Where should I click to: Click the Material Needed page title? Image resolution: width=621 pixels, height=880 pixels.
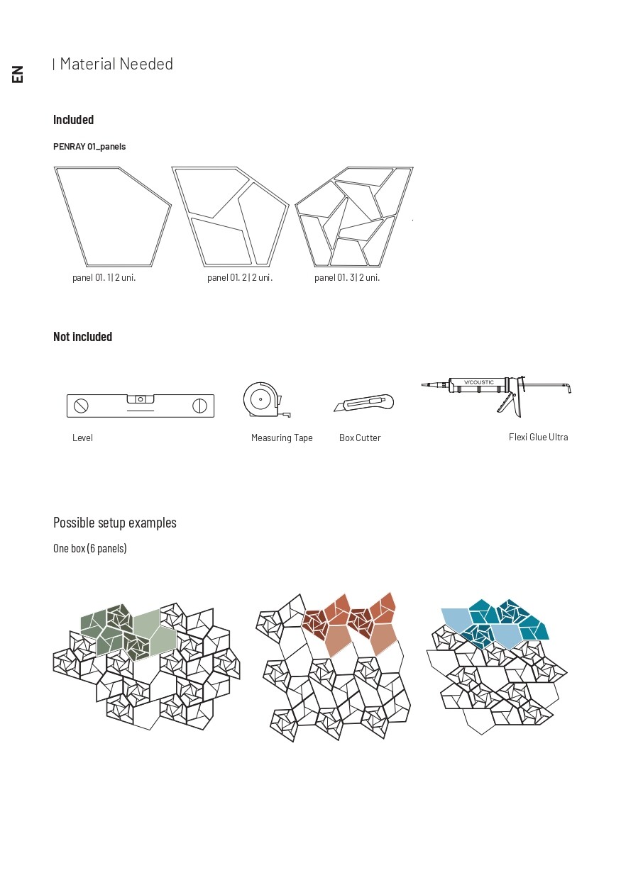[x=116, y=64]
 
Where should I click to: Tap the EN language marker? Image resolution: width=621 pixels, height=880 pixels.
[x=17, y=74]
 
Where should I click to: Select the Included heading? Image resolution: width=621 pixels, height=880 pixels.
[x=74, y=119]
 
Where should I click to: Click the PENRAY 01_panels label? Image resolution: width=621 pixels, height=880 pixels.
[x=89, y=147]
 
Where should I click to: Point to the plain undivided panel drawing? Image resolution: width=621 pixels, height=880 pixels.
[x=112, y=216]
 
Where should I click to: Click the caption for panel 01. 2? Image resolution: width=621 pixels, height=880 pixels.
[x=240, y=278]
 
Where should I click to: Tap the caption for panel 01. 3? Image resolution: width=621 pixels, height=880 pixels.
[x=347, y=278]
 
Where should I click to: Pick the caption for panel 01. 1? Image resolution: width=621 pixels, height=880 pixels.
[x=104, y=278]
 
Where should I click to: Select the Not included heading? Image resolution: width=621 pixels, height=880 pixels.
[x=82, y=337]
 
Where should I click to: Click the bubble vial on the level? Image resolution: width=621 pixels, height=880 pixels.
[x=141, y=399]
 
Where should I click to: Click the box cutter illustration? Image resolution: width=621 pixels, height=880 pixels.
[x=363, y=403]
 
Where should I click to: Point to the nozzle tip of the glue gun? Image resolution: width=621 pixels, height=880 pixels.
[x=423, y=385]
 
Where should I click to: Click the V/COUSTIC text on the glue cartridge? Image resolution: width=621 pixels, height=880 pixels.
[x=478, y=382]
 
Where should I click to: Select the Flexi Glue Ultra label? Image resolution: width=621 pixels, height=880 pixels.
[x=538, y=437]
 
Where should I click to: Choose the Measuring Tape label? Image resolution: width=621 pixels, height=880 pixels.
[x=282, y=438]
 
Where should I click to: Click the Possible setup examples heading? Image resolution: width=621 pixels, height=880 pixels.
[x=115, y=523]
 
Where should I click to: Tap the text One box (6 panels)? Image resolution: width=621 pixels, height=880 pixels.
[x=90, y=548]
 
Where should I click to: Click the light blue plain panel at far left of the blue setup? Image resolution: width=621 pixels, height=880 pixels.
[x=456, y=620]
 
